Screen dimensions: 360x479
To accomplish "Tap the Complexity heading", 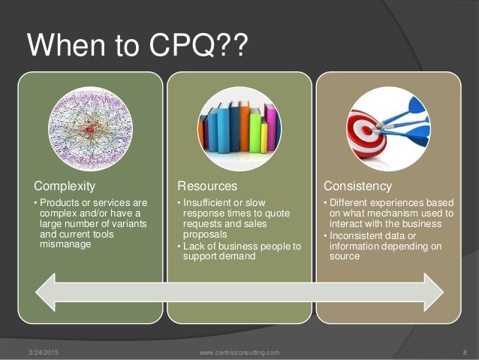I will coord(64,185).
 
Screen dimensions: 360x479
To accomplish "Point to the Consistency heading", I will coord(357,185).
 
